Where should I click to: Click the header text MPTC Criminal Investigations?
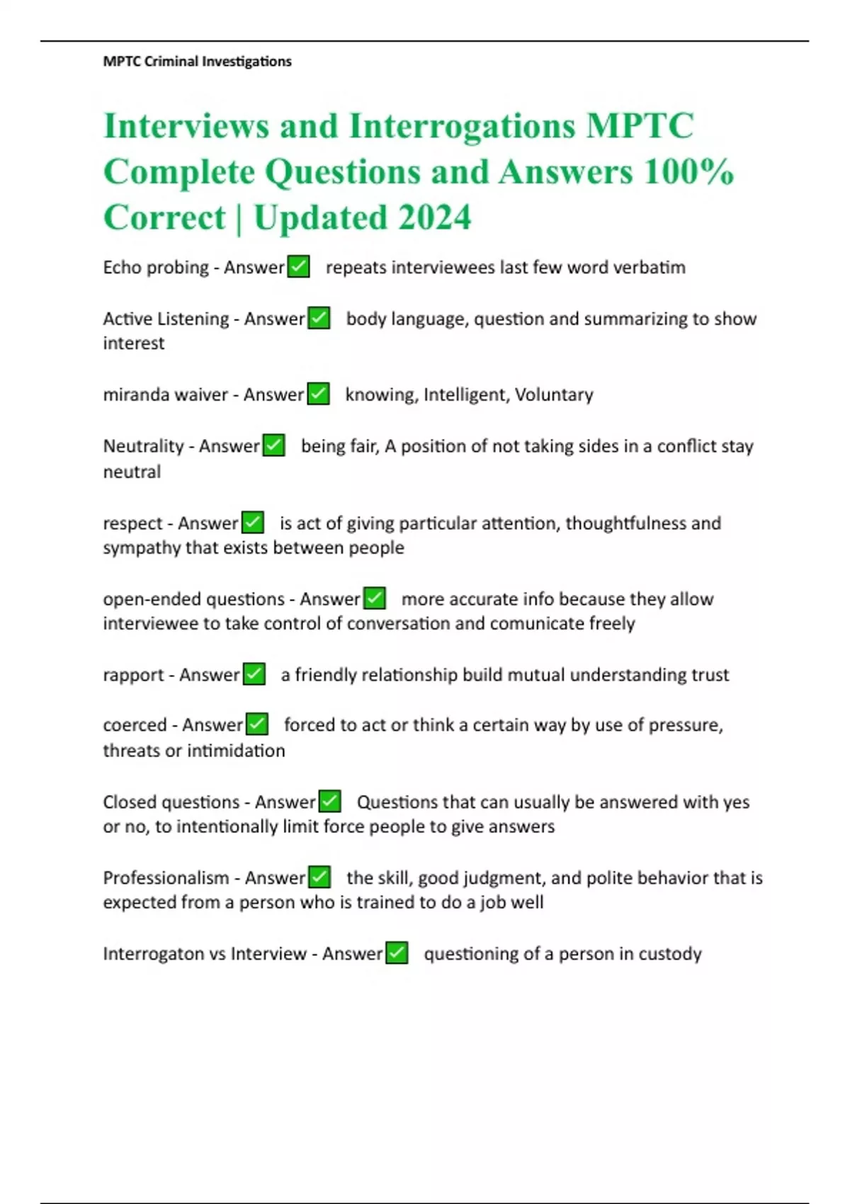(197, 62)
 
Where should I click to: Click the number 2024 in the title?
(434, 217)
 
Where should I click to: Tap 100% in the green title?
(688, 171)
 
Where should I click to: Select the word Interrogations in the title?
(462, 126)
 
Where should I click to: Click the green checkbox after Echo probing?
(298, 267)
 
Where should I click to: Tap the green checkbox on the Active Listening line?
(319, 318)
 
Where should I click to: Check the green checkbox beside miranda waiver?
(318, 394)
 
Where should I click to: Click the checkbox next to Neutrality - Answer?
(273, 445)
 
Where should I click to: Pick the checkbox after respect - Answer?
(253, 523)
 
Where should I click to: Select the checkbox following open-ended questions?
(374, 598)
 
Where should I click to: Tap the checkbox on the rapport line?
(254, 674)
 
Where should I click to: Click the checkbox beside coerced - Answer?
(256, 725)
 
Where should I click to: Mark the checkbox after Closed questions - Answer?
(329, 802)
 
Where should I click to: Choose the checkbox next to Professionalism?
(319, 878)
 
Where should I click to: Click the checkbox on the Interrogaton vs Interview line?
(397, 953)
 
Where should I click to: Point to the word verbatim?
(649, 268)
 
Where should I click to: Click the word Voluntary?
(554, 394)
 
